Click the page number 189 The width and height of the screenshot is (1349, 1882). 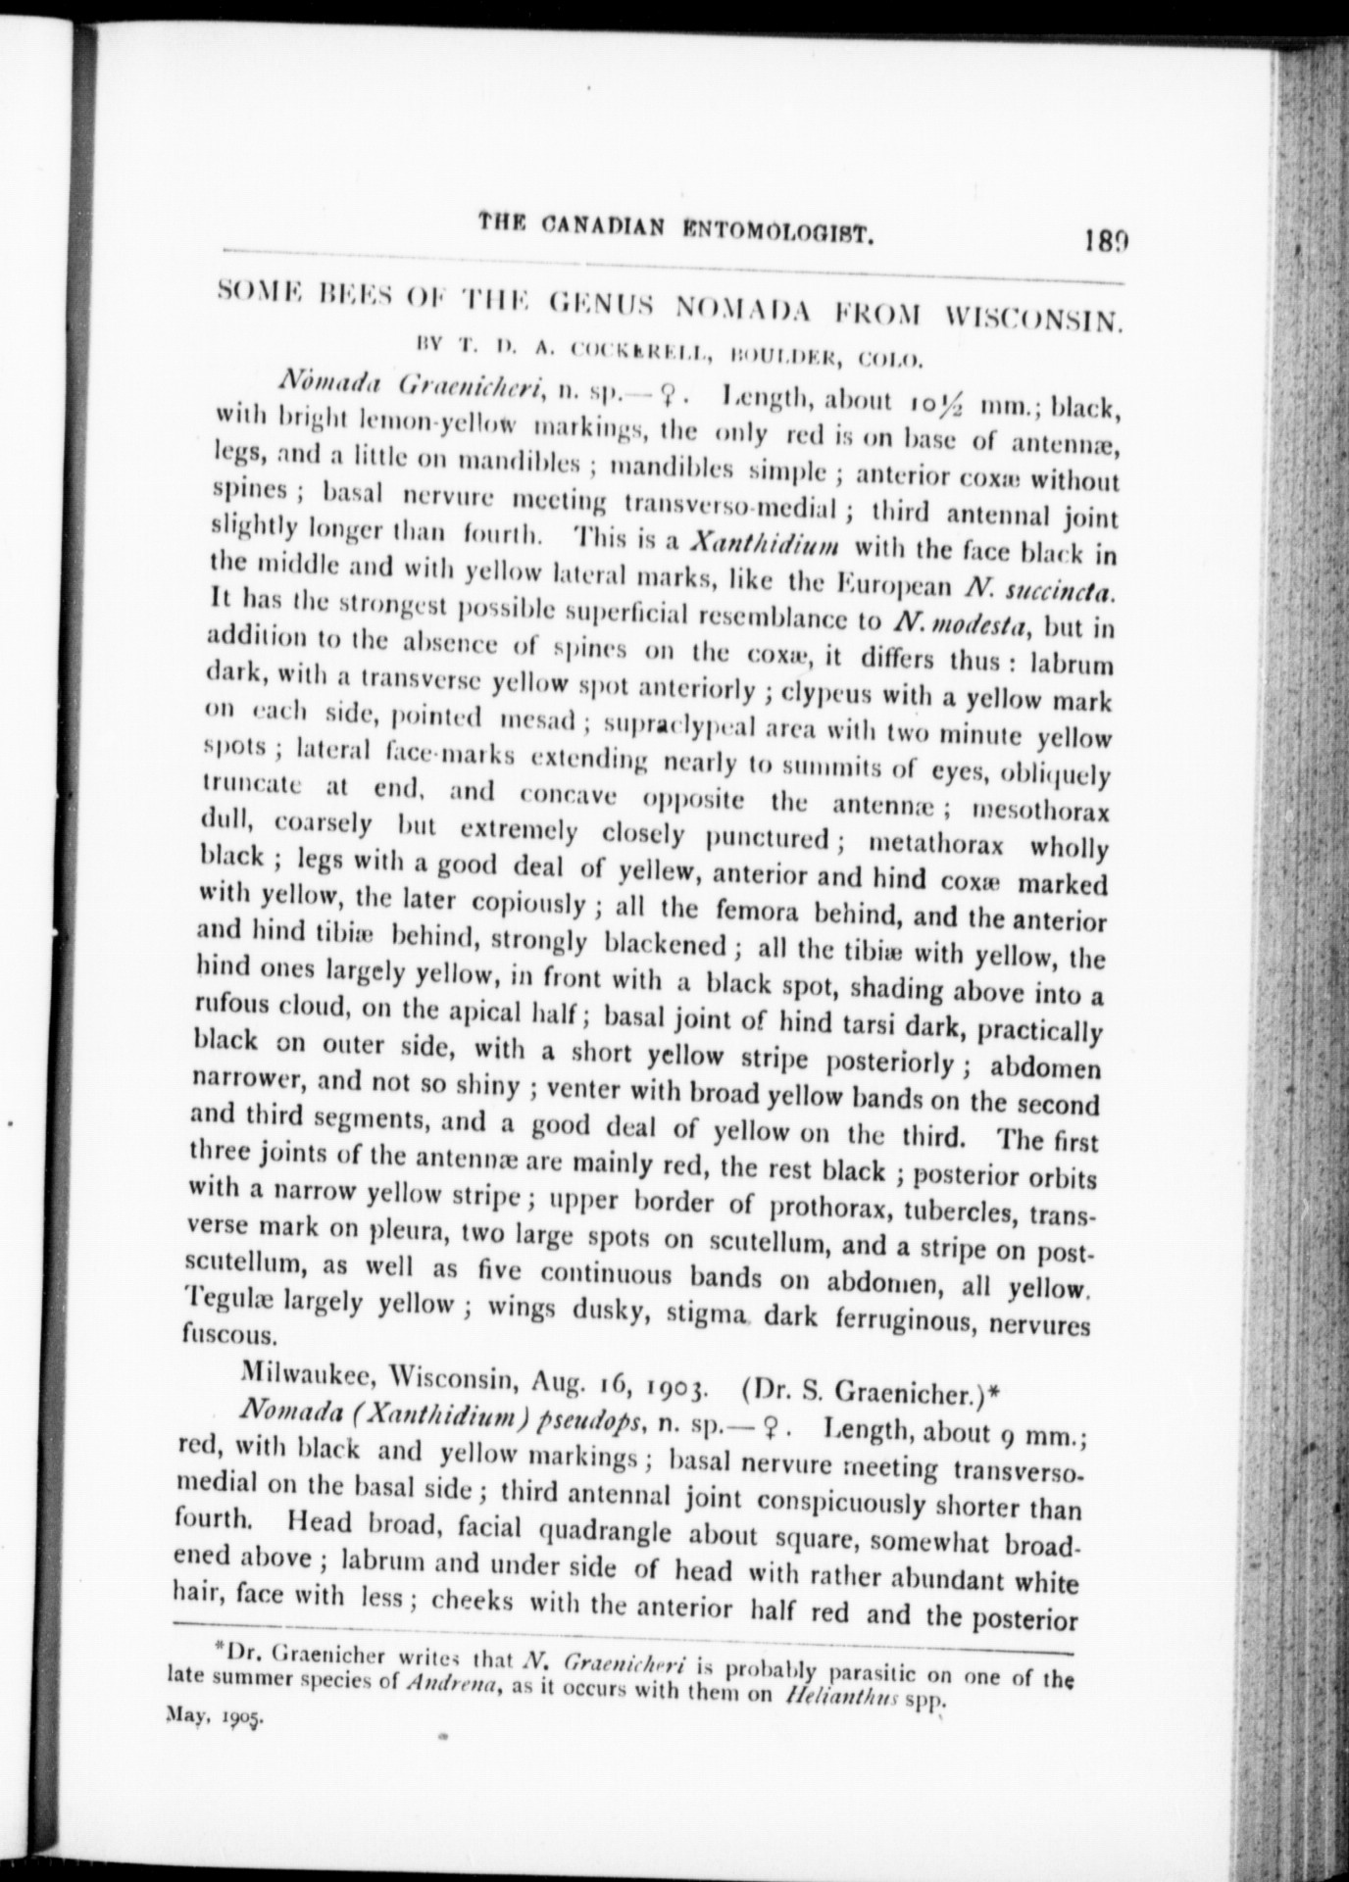pos(1107,238)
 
